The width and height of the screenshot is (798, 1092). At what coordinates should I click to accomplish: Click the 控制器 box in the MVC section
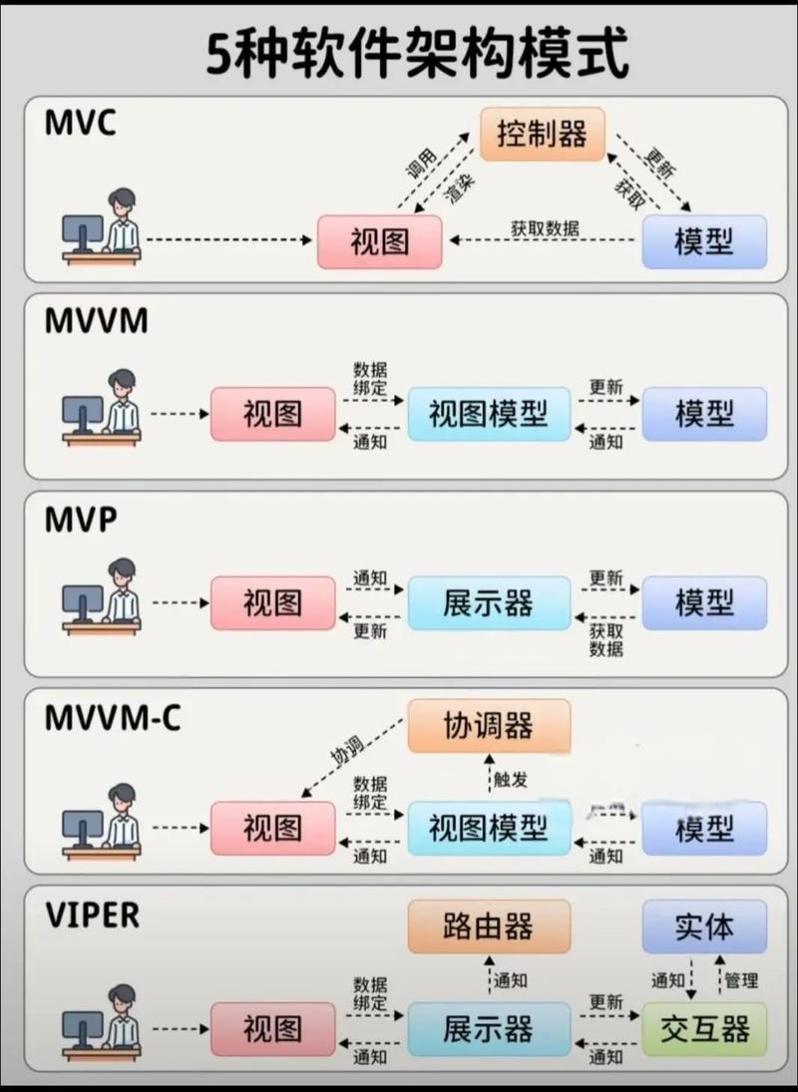[543, 134]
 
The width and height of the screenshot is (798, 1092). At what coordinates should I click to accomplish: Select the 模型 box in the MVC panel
[704, 241]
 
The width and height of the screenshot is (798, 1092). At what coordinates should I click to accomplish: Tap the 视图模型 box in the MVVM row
[489, 414]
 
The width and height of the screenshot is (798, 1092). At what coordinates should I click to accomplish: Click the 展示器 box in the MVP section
[489, 602]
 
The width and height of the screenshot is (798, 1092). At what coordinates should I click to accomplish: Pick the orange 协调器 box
[489, 726]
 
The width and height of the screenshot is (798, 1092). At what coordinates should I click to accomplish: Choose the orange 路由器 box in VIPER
[489, 926]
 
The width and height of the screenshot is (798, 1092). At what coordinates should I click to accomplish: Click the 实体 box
[704, 926]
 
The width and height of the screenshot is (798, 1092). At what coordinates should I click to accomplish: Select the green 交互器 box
[704, 1028]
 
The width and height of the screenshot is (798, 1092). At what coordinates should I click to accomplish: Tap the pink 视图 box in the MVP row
[272, 602]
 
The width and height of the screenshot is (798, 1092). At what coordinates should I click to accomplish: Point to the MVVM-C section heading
[113, 717]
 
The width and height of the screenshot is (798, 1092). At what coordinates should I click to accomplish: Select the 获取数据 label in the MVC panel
[545, 228]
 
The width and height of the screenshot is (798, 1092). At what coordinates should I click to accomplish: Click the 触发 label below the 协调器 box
[510, 780]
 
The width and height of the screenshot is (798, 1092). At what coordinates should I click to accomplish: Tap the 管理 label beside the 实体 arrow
[741, 980]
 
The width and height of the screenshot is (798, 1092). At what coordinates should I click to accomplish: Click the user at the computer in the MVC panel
[102, 227]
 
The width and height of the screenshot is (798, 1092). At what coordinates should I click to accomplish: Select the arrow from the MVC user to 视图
[228, 240]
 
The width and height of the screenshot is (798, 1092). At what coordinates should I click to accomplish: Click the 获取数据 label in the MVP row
[605, 639]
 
